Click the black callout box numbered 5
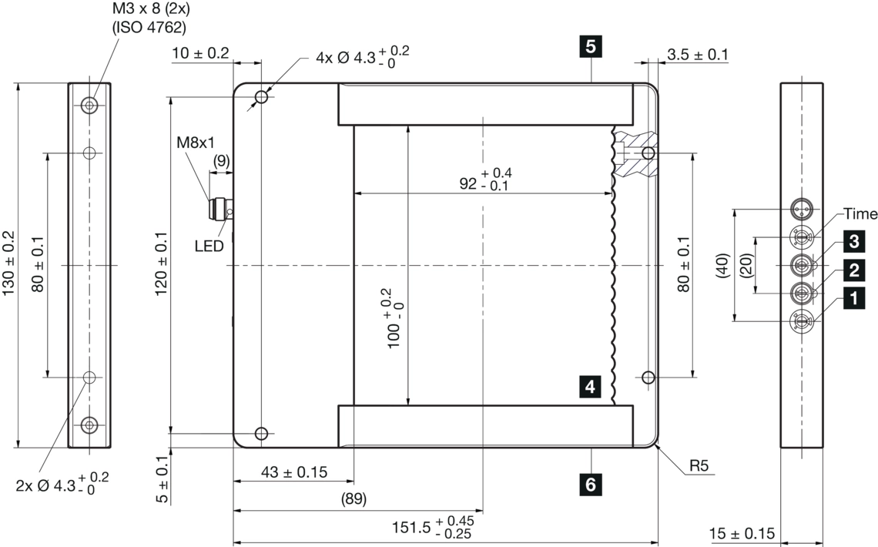pyautogui.click(x=591, y=46)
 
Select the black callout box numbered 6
pyautogui.click(x=591, y=484)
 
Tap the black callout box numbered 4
pyautogui.click(x=590, y=387)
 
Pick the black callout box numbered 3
pyautogui.click(x=853, y=242)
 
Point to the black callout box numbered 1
pyautogui.click(x=853, y=298)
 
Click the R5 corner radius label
pyautogui.click(x=699, y=465)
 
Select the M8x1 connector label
pyautogui.click(x=196, y=143)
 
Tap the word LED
pyautogui.click(x=209, y=246)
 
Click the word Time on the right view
pyautogui.click(x=860, y=214)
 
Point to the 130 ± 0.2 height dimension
pyautogui.click(x=9, y=263)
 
